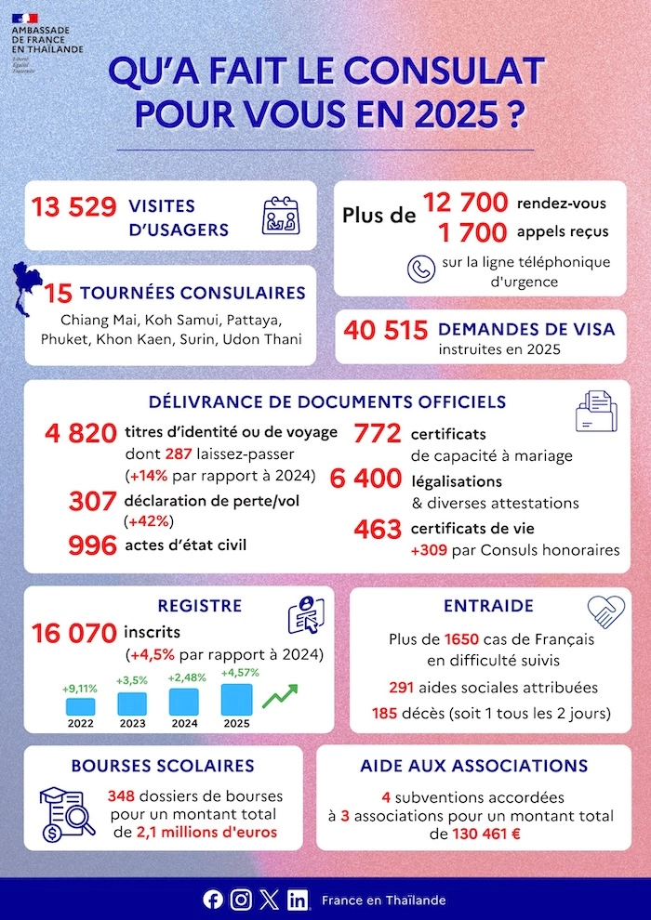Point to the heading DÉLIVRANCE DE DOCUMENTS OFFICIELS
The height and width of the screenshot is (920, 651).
pos(327,401)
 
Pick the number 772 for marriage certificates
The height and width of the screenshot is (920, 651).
pos(378,434)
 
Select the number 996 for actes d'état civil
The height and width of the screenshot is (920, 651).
pos(93,545)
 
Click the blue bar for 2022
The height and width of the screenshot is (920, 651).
pos(81,706)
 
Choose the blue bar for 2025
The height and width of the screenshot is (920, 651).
pos(235,701)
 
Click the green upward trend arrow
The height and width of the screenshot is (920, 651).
pos(281,696)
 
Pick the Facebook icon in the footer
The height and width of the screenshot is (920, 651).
pos(213,900)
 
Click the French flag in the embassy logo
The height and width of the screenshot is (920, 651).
pos(25,18)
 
